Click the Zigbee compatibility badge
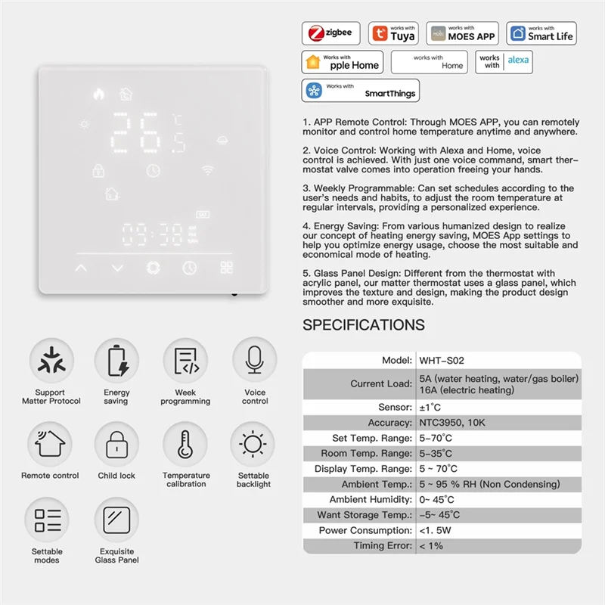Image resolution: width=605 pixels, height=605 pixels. point(331,33)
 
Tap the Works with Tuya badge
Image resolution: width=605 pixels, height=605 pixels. point(392,33)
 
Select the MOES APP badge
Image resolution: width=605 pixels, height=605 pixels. point(462,33)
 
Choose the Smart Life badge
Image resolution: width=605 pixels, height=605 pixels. point(541,33)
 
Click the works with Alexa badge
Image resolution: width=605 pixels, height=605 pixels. point(504,62)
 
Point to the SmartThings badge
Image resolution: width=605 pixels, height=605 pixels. point(360,91)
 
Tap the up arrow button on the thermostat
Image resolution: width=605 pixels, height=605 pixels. point(81,268)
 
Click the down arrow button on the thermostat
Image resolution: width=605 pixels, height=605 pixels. point(116,268)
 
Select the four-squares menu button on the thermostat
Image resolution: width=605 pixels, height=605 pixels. point(227,268)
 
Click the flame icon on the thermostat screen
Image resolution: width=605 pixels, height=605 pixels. point(98,95)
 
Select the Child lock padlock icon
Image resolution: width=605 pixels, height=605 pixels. point(116,443)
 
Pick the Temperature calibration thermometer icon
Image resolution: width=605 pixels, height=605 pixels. point(185,443)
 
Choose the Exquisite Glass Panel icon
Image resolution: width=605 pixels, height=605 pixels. point(116,520)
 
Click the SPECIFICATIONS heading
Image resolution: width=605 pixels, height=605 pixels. point(364,325)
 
